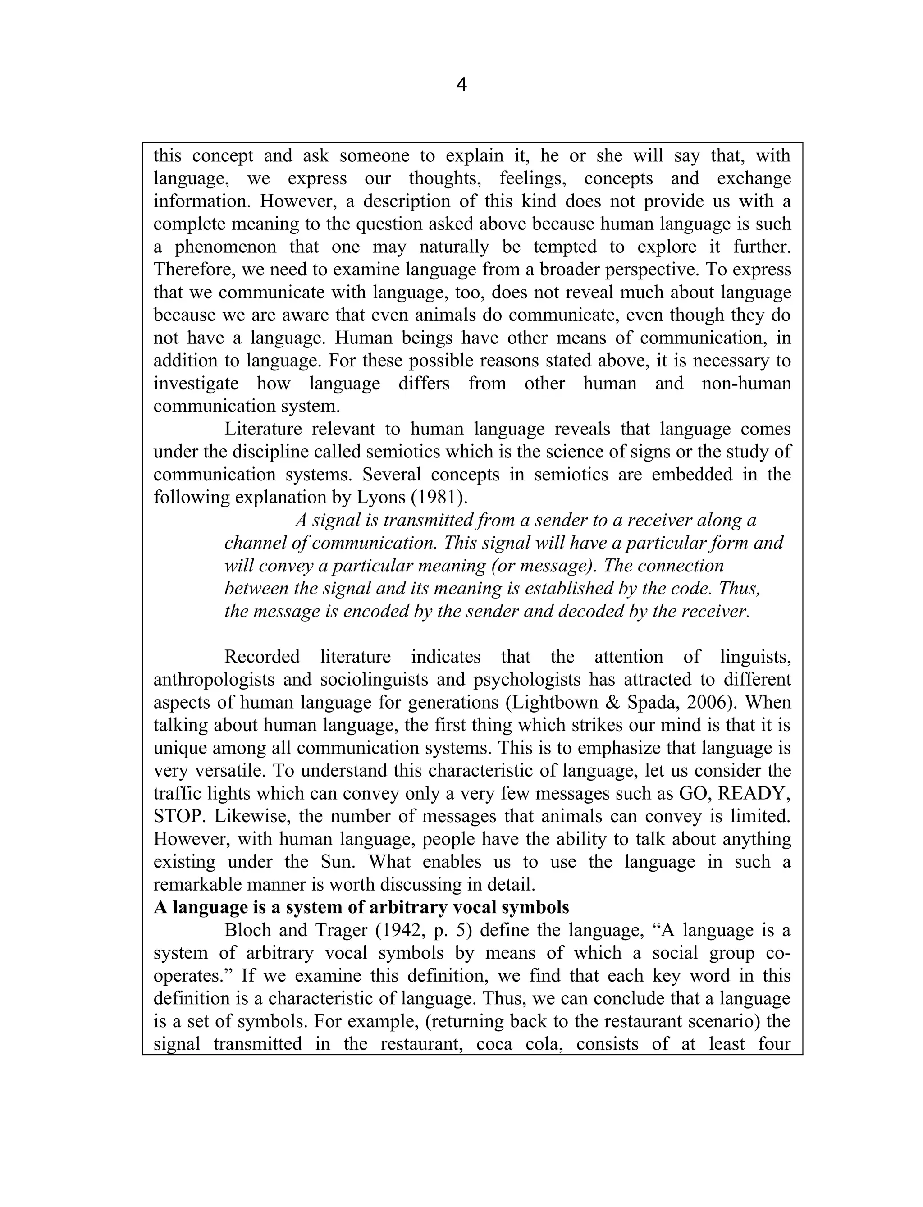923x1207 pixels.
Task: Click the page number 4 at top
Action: [461, 85]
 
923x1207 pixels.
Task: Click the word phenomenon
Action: [225, 247]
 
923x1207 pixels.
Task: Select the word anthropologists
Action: [213, 680]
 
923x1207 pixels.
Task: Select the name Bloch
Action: [246, 931]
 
